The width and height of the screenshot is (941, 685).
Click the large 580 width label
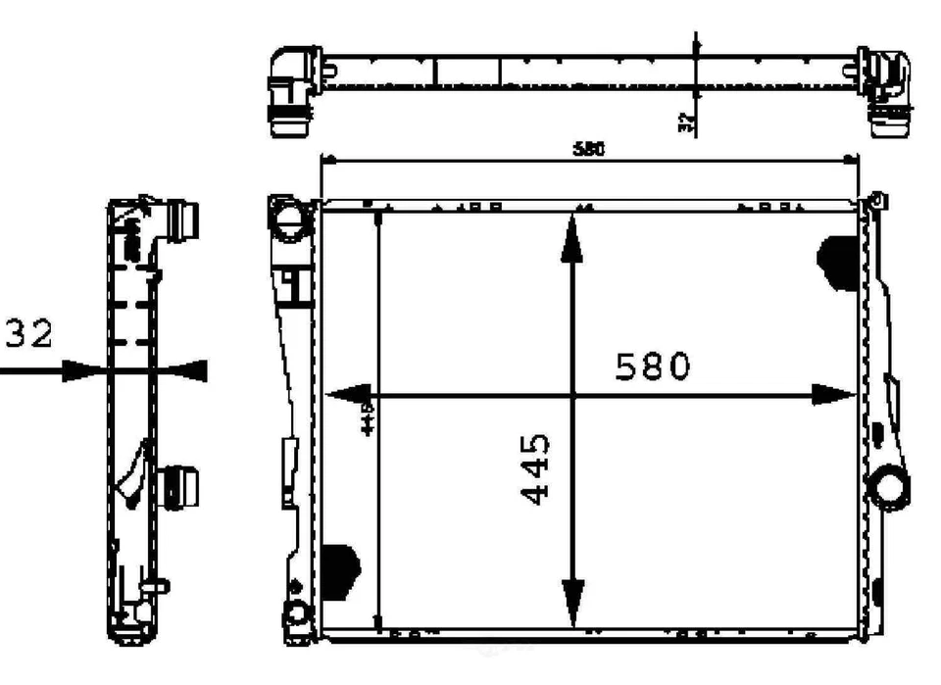tap(653, 367)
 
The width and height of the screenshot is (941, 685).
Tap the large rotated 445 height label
tap(535, 471)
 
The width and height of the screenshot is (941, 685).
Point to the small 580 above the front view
tap(588, 149)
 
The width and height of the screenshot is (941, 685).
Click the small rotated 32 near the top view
tap(686, 122)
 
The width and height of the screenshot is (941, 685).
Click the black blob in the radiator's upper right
tap(839, 262)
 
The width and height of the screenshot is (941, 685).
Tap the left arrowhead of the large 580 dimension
tap(342, 395)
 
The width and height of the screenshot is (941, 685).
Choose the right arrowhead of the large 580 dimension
tap(836, 395)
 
